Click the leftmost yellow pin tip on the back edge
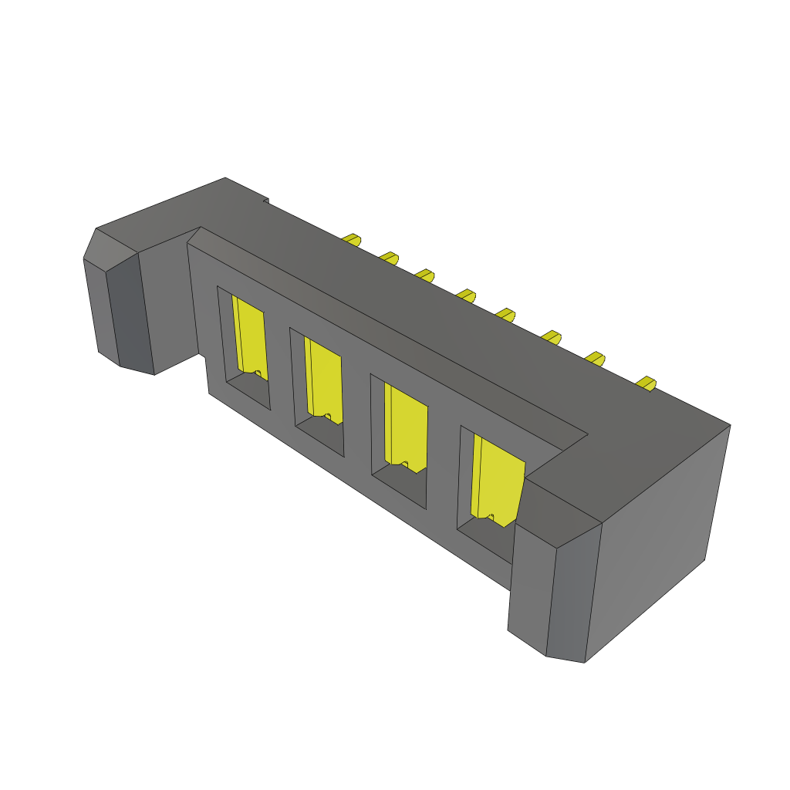[352, 239]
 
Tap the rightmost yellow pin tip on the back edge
[646, 383]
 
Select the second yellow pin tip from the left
[389, 258]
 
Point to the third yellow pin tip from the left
[424, 275]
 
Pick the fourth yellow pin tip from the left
[465, 295]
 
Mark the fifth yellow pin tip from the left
[505, 314]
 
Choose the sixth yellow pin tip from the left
[551, 336]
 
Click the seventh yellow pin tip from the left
[594, 357]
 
